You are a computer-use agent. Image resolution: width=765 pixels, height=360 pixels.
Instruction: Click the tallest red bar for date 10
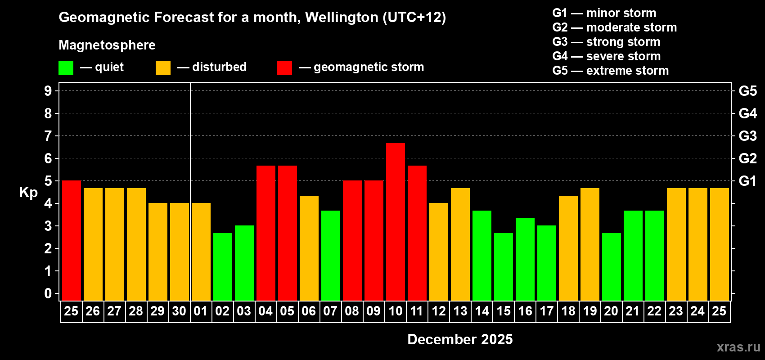[x=396, y=221]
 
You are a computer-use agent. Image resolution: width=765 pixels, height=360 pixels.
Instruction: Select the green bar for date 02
[x=223, y=266]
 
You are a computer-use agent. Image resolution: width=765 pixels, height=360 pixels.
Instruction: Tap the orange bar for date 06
[x=309, y=248]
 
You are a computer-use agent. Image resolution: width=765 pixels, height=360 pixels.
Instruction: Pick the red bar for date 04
[x=266, y=233]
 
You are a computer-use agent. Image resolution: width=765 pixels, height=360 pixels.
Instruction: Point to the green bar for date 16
[x=525, y=259]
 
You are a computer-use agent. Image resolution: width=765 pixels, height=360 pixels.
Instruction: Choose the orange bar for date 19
[x=590, y=244]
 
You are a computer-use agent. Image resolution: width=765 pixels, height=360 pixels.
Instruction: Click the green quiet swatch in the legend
[x=66, y=68]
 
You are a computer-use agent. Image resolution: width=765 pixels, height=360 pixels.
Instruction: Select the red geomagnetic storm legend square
[x=284, y=68]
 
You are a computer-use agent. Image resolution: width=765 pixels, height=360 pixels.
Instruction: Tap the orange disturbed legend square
[x=163, y=68]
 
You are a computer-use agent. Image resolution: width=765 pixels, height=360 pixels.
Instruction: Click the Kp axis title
[x=28, y=192]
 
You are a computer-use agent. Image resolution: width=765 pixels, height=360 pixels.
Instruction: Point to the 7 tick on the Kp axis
[x=48, y=136]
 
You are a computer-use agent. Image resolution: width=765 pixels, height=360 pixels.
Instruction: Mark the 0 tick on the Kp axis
[x=48, y=294]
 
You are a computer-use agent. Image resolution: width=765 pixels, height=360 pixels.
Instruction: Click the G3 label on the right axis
[x=747, y=136]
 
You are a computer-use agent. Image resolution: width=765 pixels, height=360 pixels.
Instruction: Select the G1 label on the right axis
[x=747, y=181]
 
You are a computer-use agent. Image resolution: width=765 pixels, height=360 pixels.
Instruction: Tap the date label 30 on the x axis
[x=179, y=311]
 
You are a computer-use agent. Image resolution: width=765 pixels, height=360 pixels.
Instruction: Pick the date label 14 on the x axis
[x=482, y=311]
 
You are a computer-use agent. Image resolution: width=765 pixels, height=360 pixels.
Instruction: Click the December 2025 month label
[x=460, y=339]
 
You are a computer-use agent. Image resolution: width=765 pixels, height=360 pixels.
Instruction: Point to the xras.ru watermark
[x=738, y=347]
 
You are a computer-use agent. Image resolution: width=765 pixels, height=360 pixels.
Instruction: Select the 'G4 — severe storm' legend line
[x=607, y=56]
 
